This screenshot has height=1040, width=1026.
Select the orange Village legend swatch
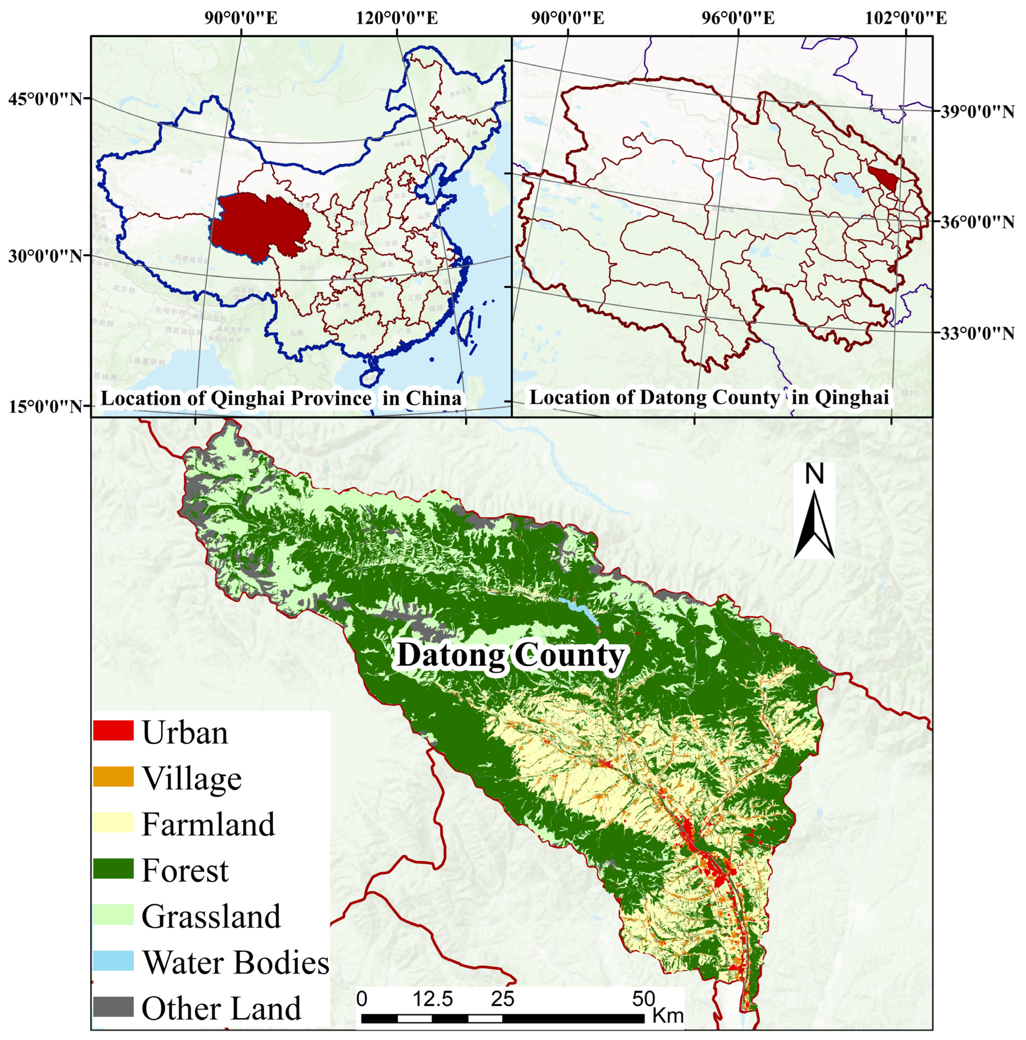[x=113, y=776]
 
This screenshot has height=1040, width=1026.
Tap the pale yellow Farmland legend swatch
[x=113, y=822]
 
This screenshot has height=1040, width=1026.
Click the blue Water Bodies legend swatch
[x=113, y=961]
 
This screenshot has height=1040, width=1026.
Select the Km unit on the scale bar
[x=667, y=1015]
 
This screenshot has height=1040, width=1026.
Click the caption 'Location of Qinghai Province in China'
[x=281, y=398]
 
